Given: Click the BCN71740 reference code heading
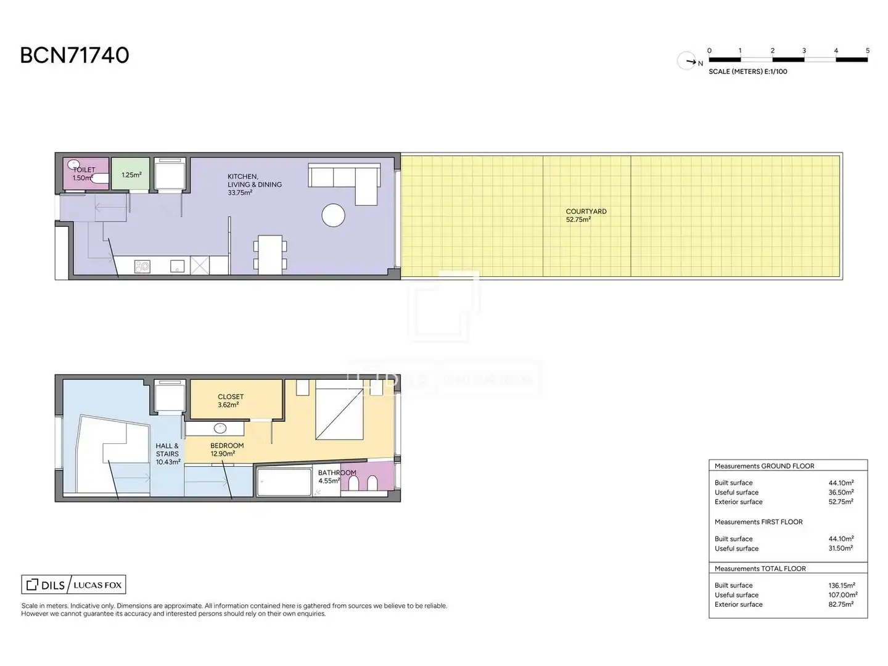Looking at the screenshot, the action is [75, 55].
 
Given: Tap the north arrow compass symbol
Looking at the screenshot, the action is [686, 61].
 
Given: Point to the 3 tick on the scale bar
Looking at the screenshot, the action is [804, 51].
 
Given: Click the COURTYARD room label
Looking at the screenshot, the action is [586, 211].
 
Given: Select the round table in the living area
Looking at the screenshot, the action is [333, 215].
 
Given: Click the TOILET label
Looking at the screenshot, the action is [84, 170].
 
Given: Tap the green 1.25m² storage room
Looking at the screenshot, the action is [130, 174].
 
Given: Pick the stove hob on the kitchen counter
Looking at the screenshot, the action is [142, 266].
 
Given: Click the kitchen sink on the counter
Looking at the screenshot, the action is [177, 266].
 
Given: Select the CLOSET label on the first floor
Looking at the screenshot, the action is [231, 397].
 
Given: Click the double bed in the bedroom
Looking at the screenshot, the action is [339, 409].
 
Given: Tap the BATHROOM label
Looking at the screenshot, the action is [337, 472].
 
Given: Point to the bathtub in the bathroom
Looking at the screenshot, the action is [284, 482].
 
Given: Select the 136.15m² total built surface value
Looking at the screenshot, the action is [842, 585].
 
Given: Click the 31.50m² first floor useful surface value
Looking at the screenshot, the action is [841, 548].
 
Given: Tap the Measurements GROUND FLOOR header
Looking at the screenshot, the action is [764, 466].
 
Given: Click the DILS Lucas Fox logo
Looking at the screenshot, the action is [73, 585].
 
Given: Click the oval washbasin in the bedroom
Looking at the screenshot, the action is [220, 428].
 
